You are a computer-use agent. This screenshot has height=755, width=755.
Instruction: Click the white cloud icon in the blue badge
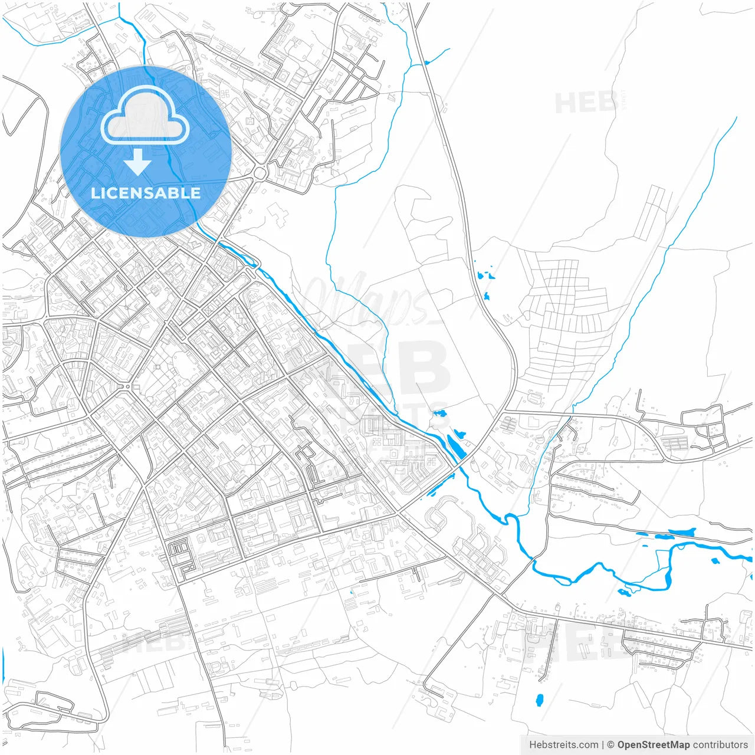tap(145, 116)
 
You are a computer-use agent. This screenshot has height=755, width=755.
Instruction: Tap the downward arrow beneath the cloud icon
tap(137, 162)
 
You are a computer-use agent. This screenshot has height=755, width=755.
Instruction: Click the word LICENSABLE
tap(146, 193)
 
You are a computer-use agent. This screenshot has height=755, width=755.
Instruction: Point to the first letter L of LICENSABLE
tap(94, 193)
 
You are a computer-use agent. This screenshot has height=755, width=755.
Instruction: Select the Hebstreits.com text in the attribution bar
tap(563, 745)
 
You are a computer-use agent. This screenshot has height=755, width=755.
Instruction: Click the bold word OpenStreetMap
tap(653, 745)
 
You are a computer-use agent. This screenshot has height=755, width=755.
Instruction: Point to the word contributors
tap(720, 745)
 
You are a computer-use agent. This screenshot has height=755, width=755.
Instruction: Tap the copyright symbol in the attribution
tap(610, 745)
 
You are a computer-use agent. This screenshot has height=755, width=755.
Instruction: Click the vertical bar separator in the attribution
tap(602, 745)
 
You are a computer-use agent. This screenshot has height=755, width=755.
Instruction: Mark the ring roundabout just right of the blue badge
tap(260, 173)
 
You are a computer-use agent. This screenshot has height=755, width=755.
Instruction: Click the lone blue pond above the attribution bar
tap(539, 700)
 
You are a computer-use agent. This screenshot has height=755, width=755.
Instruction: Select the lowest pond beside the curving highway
tap(487, 296)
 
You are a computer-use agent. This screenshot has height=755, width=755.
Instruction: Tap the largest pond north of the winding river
tap(681, 533)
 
